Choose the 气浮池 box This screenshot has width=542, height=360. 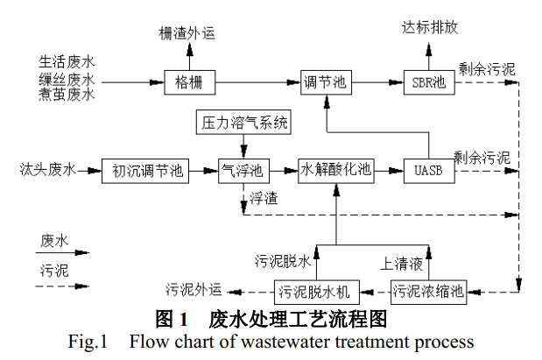(x=243, y=170)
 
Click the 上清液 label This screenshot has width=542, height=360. (x=399, y=261)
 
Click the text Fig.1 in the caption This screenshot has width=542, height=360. (x=86, y=340)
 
